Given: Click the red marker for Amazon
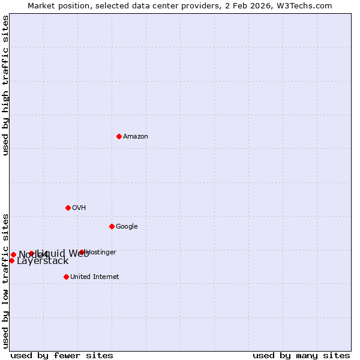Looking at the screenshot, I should [x=119, y=136].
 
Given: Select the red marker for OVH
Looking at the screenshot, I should [x=68, y=208].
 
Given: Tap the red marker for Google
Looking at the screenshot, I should [x=112, y=226].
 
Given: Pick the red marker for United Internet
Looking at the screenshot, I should [x=66, y=277].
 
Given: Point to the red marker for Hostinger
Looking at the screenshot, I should [x=82, y=252].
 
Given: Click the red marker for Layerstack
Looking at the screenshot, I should [x=11, y=260].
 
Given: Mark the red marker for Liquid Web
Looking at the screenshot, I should [x=31, y=253].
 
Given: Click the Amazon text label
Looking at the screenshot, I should [x=136, y=137].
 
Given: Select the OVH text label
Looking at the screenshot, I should [x=79, y=208].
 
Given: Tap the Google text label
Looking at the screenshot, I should [x=127, y=227].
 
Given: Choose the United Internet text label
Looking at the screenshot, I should [x=94, y=277].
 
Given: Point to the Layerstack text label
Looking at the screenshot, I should [x=43, y=261].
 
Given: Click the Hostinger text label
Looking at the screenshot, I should [x=101, y=253].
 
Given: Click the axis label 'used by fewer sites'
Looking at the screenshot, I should [x=62, y=355].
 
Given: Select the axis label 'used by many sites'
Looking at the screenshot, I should [x=301, y=355].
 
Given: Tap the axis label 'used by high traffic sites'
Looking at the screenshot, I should [x=5, y=85].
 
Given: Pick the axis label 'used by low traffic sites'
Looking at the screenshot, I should [x=5, y=280].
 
